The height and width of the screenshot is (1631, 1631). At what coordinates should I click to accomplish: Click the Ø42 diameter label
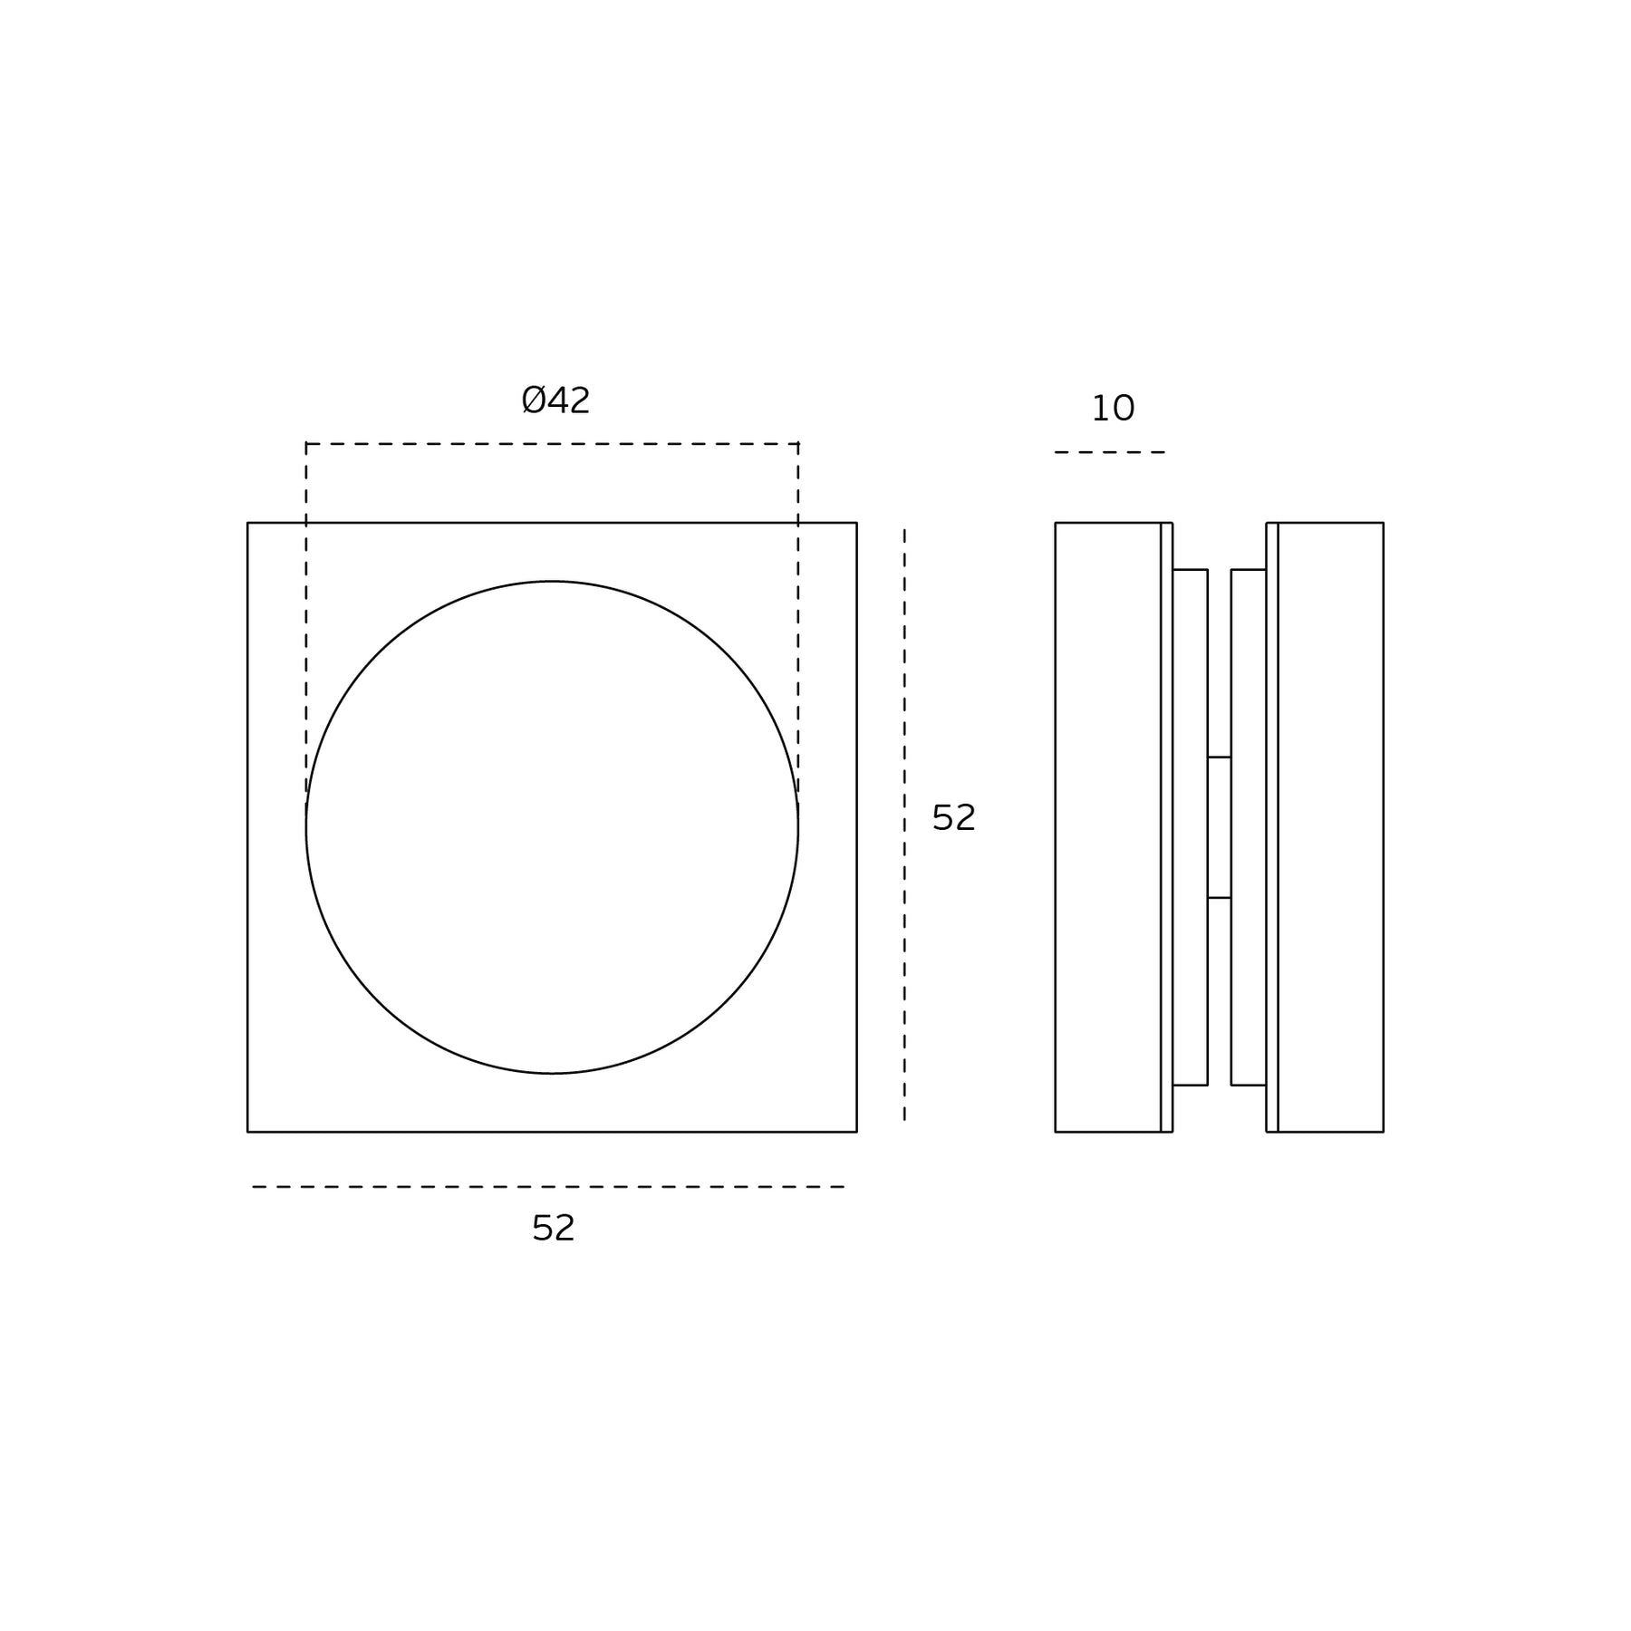click(x=555, y=401)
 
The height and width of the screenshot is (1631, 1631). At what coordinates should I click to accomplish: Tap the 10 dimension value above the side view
click(x=1113, y=409)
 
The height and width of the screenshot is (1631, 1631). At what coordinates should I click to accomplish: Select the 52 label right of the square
click(x=954, y=818)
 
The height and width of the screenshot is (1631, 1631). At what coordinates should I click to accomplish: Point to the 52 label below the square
click(x=554, y=1228)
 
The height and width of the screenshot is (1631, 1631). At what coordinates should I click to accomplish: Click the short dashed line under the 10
click(x=1110, y=452)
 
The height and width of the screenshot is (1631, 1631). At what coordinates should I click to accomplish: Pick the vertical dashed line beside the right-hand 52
click(x=904, y=825)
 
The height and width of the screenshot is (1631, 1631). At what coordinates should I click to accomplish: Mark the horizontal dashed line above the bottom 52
click(x=549, y=1187)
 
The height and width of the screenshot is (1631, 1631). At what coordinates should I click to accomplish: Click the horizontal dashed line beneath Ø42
click(x=552, y=444)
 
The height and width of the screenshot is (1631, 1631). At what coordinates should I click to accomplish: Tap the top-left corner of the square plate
click(x=247, y=523)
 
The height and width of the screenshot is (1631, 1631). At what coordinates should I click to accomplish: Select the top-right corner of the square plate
click(x=856, y=523)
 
